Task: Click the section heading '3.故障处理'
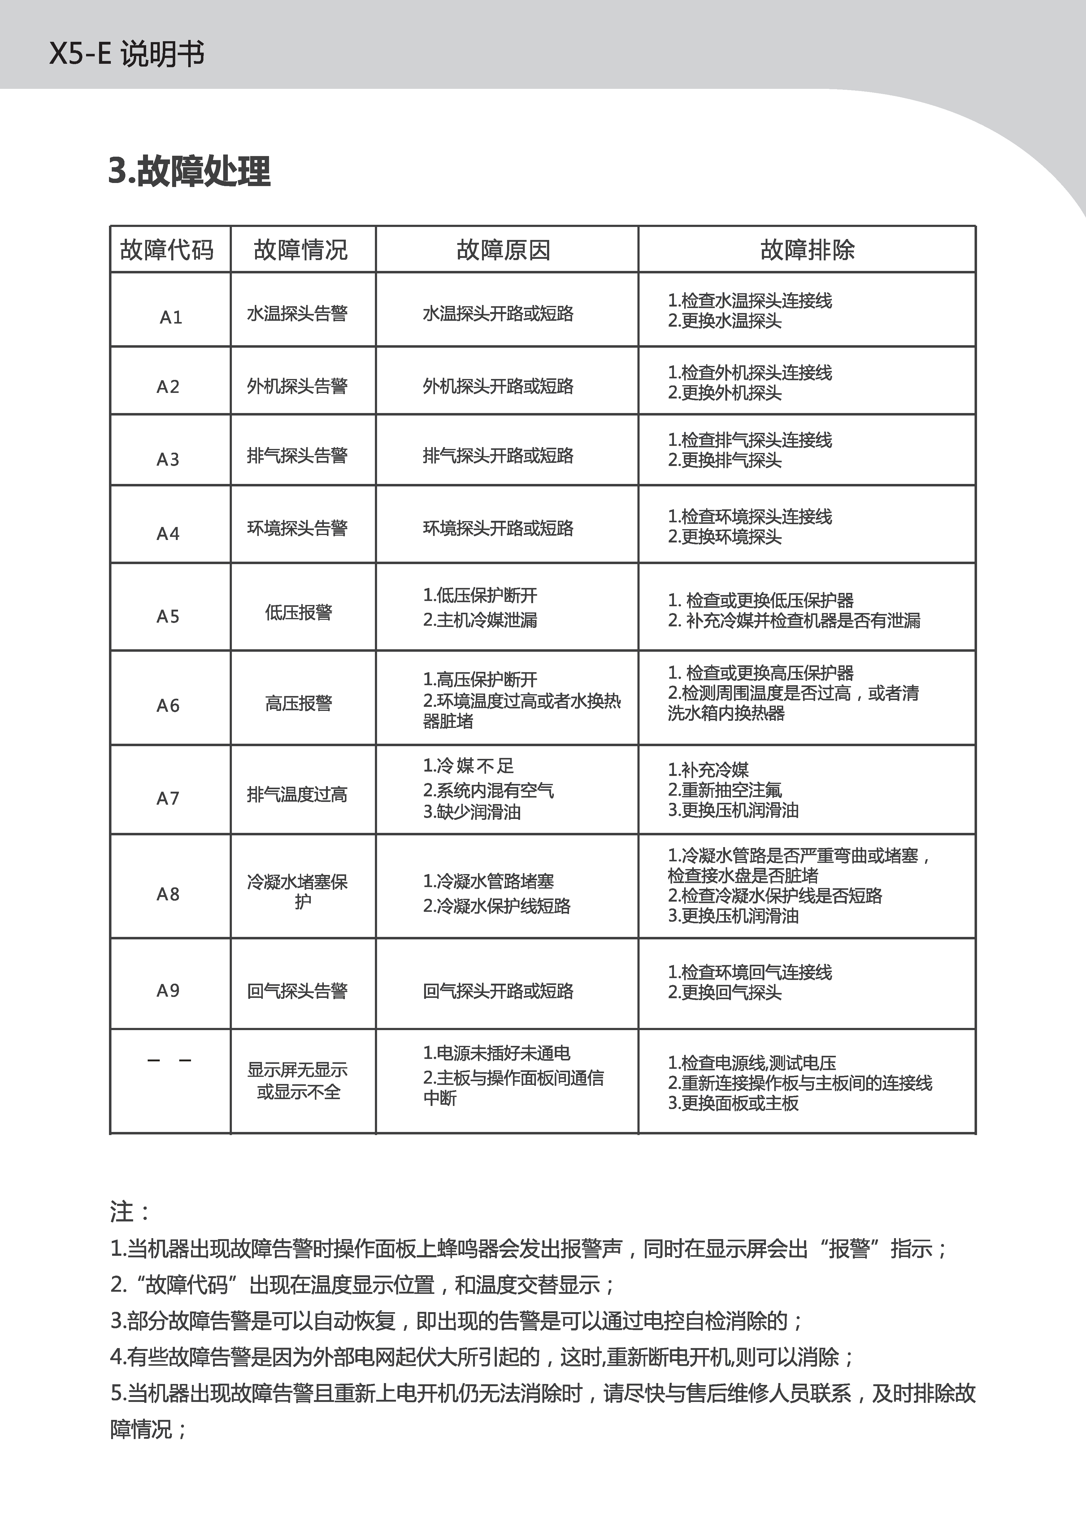coord(189,171)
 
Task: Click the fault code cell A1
coord(171,317)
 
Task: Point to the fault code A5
coord(168,616)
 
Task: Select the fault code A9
coord(168,990)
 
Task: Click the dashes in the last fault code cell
coord(169,1060)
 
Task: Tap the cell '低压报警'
coord(298,612)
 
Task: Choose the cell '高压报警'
coord(298,703)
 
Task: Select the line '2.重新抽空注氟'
coord(724,790)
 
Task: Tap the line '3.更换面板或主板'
coord(733,1103)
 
